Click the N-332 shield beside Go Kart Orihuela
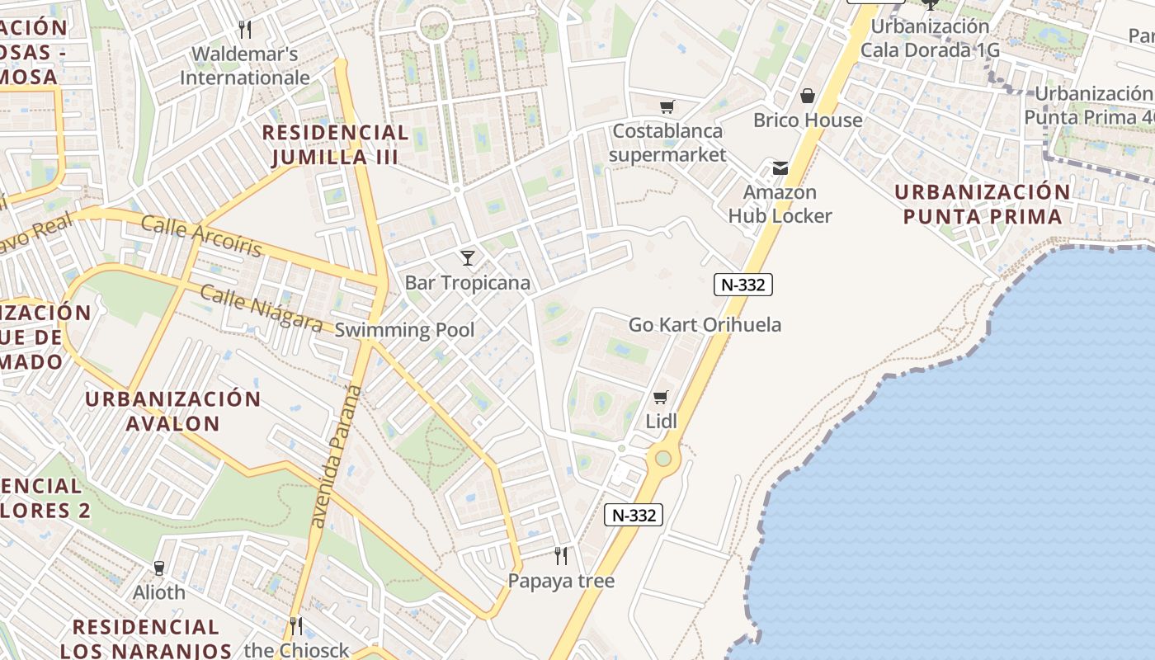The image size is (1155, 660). pos(742,285)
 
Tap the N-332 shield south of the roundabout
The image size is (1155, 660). pos(634,516)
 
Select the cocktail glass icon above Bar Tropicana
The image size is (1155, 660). pos(468,258)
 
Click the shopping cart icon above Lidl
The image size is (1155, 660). pos(660,398)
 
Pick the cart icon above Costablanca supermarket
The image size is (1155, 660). pos(667,106)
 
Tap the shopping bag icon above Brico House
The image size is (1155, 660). pos(808,96)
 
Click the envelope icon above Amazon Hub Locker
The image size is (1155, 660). pos(780,168)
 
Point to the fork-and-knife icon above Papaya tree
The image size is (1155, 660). pos(561,555)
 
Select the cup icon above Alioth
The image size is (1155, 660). pos(159,568)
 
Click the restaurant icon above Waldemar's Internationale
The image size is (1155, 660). pos(244,30)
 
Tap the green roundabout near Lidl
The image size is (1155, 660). pos(662,458)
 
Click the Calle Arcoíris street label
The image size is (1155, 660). pos(201,236)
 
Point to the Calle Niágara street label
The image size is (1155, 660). pos(261,309)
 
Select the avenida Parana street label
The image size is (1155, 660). pos(335,456)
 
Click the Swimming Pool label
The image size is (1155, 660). pos(404,331)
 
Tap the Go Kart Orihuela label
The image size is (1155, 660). pos(705,325)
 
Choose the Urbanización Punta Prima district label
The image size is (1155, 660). pos(982,205)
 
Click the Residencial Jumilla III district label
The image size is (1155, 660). pos(335,144)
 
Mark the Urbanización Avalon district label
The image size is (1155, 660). pos(173,411)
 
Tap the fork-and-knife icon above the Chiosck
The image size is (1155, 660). pos(295,626)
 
